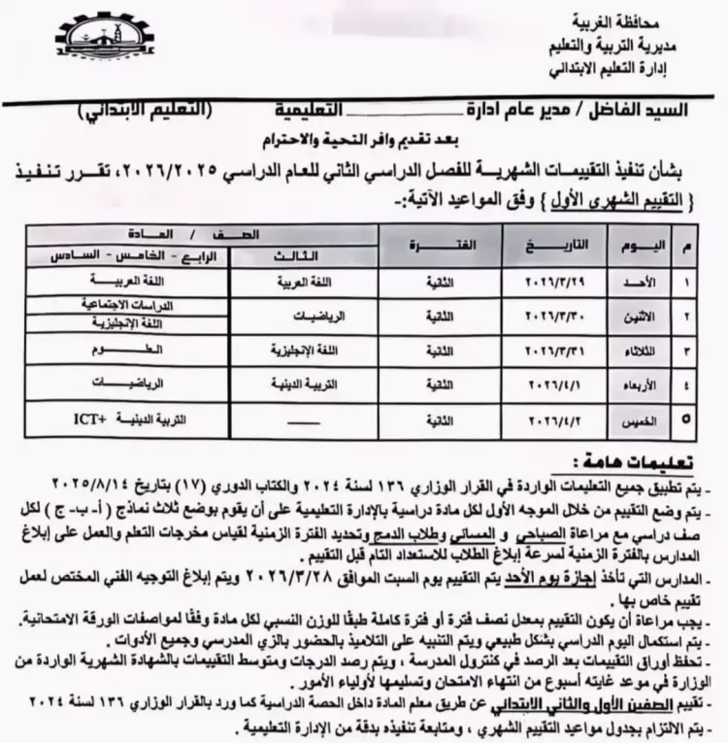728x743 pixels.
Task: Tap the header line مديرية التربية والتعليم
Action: [x=628, y=50]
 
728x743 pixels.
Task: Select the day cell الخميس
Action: [x=645, y=421]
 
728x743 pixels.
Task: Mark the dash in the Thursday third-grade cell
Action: [x=295, y=421]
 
